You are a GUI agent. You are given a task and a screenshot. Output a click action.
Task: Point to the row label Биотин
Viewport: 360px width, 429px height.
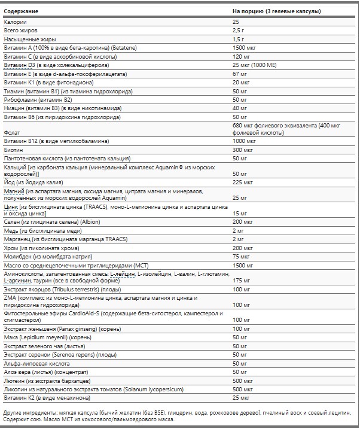[x=14, y=150]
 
